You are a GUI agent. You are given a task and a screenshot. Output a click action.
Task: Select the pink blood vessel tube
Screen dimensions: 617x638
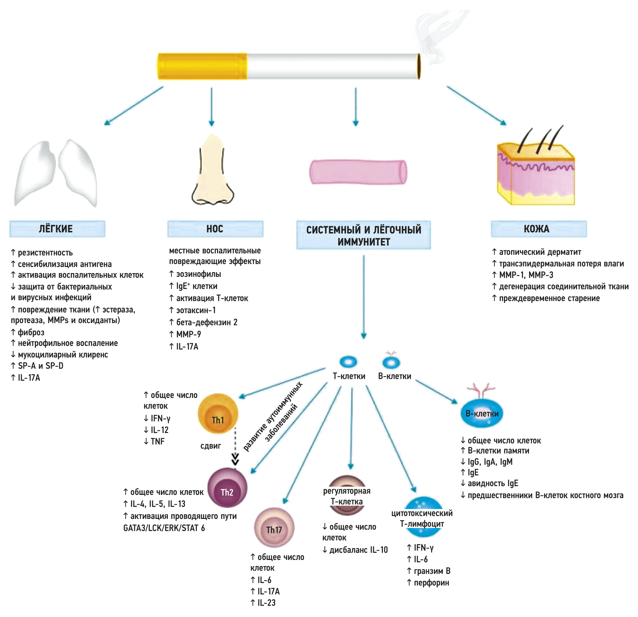358,172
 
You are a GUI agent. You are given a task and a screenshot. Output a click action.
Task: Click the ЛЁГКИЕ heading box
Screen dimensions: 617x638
57,229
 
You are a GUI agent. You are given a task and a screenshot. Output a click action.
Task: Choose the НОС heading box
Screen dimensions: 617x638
215,229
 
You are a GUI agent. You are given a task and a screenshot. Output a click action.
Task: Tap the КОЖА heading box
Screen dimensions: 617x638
538,229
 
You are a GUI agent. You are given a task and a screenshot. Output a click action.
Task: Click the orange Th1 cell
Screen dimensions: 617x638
218,413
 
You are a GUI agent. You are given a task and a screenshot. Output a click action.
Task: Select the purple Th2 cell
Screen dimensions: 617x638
227,488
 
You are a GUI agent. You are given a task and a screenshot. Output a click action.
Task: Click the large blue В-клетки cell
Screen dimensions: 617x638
482,413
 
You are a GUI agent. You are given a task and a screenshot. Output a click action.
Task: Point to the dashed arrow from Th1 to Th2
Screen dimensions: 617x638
235,446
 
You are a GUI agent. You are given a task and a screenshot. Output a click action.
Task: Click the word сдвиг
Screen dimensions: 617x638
211,446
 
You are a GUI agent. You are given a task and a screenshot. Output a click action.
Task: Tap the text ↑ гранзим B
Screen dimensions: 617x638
428,571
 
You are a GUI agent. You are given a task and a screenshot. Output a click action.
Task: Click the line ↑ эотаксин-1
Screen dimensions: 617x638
192,310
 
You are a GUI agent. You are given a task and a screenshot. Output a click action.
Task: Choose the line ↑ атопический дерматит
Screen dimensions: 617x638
536,252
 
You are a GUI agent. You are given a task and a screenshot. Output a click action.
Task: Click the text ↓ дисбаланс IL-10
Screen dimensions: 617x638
355,550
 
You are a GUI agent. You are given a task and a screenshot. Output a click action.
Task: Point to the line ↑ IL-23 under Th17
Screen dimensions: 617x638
263,603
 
